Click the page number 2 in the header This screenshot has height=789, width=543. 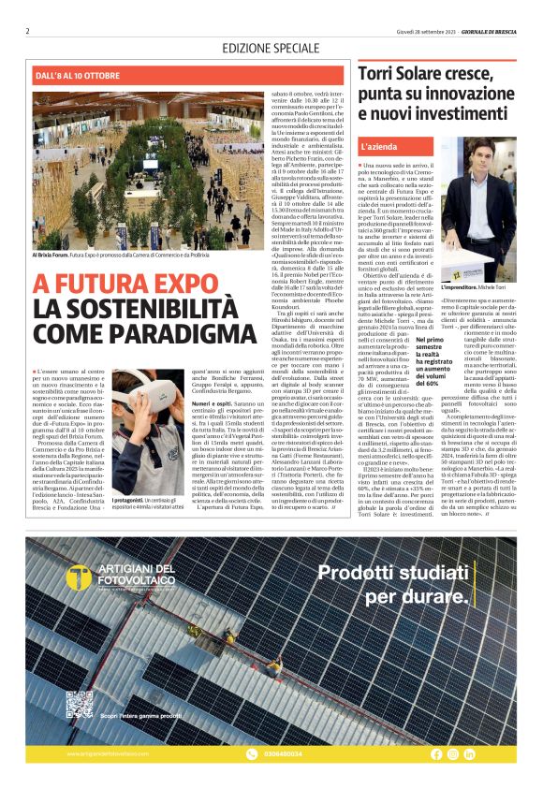pyautogui.click(x=27, y=30)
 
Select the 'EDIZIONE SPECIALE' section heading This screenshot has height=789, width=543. pyautogui.click(x=271, y=47)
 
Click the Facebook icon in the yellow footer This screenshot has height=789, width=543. pyautogui.click(x=436, y=753)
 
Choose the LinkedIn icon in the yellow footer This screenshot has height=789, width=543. pyautogui.click(x=469, y=753)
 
